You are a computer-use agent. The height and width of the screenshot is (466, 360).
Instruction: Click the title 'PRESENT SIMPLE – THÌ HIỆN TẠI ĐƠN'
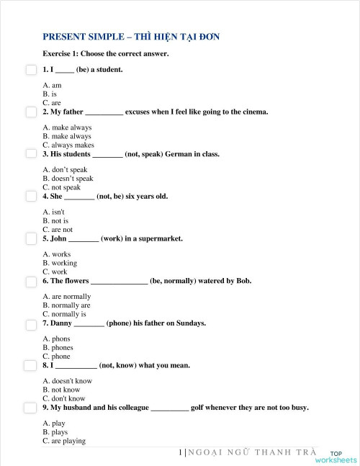click(131, 37)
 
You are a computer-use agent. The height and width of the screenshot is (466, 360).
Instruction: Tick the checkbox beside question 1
click(31, 70)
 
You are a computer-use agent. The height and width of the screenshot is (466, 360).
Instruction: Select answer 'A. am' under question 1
click(52, 85)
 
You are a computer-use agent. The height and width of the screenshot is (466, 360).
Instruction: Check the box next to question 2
click(31, 112)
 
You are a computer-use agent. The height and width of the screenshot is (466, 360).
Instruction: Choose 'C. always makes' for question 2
click(68, 145)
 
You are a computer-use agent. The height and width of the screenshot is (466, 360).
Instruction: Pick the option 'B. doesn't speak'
click(68, 179)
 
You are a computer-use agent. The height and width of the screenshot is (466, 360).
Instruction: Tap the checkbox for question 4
click(31, 196)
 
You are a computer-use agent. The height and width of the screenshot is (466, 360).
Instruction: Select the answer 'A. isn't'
click(54, 212)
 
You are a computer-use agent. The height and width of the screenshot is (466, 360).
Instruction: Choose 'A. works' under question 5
click(57, 254)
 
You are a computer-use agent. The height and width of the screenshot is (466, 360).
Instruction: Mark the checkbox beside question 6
click(31, 281)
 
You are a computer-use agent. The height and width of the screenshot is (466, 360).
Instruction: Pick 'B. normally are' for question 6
click(66, 305)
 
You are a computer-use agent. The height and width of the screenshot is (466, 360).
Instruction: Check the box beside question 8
click(31, 366)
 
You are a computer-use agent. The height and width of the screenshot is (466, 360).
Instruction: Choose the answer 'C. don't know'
click(64, 398)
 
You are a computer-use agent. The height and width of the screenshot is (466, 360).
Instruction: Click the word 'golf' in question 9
click(198, 408)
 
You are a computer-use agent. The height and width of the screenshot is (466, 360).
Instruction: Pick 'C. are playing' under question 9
click(64, 441)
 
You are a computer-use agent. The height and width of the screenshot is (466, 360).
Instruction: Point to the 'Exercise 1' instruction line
click(106, 54)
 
